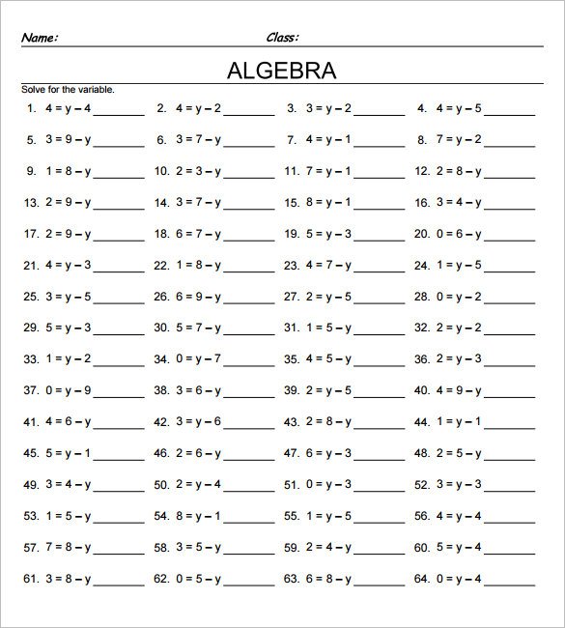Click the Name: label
coord(40,38)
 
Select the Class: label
coord(282,38)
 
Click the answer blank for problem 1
coord(118,110)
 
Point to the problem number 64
coord(420,579)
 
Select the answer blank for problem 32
coord(509,328)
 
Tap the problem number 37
coord(28,390)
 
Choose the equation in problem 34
coord(198,359)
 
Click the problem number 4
coord(422,108)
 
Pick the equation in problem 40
coord(460,390)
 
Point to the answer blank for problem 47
coord(379,454)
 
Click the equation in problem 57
coord(68,548)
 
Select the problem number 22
coord(160,265)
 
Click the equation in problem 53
coord(68,516)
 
